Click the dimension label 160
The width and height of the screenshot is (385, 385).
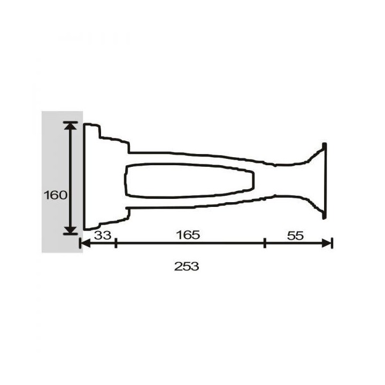55,195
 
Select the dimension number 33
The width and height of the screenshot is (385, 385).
103,235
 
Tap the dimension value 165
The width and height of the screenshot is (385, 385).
188,235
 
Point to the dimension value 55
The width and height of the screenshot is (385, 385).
295,236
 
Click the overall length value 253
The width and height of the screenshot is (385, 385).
187,266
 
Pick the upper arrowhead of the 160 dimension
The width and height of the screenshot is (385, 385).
71,126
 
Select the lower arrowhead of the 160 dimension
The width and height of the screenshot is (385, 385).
71,230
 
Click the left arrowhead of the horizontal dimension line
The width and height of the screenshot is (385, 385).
86,243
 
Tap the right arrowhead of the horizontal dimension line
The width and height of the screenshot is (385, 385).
327,243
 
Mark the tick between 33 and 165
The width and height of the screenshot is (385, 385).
116,243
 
